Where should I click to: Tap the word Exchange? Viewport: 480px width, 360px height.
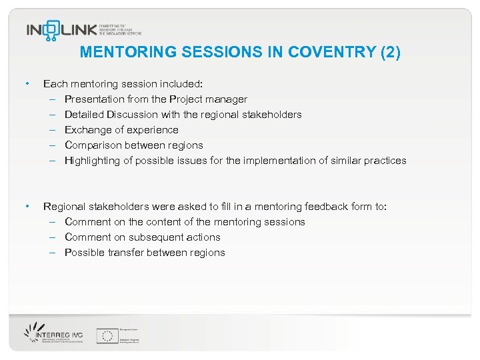point(87,130)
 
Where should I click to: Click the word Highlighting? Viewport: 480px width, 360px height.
point(92,161)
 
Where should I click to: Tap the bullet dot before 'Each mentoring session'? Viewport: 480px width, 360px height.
point(26,84)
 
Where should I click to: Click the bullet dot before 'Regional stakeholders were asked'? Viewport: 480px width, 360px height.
point(26,207)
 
